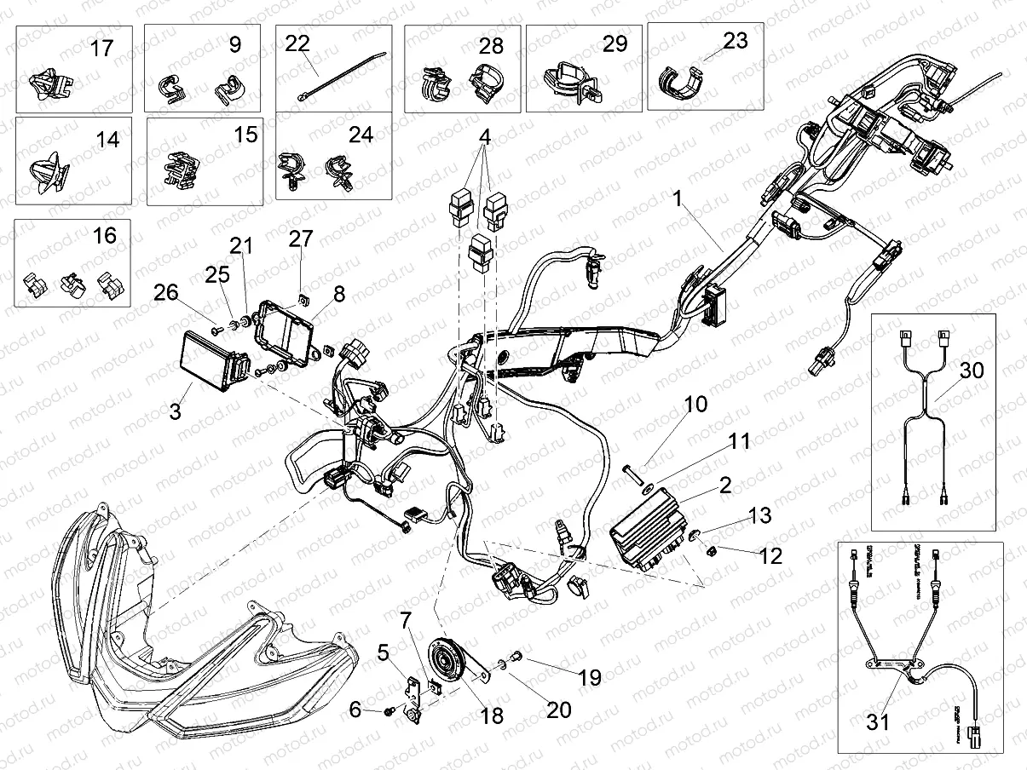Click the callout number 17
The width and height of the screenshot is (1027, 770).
101,48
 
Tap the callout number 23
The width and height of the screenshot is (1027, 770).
735,41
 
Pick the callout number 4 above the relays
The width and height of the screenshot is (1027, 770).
484,136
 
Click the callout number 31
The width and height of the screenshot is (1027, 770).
879,722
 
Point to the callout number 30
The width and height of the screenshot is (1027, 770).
970,371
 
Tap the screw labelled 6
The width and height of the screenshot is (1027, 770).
389,709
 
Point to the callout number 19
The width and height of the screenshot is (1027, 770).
589,677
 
